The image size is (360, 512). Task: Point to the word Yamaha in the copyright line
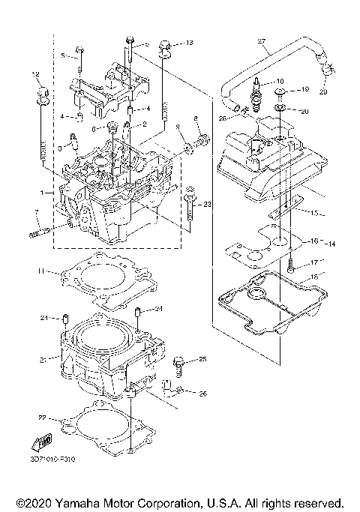(x=82, y=502)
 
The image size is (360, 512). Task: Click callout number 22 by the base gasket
(x=43, y=416)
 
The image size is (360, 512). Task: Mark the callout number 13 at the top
(x=189, y=43)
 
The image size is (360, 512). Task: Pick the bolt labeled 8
(x=202, y=140)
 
